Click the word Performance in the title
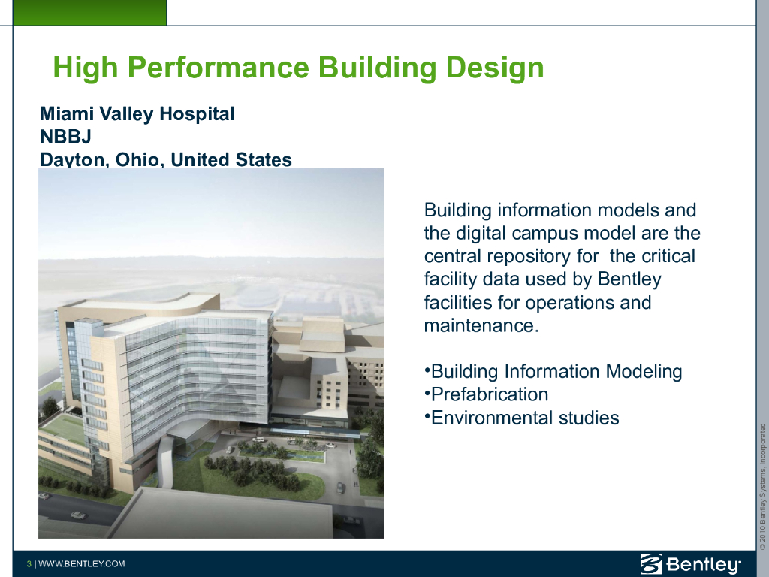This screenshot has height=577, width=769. pyautogui.click(x=219, y=67)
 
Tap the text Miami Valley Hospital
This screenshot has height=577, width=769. pyautogui.click(x=137, y=114)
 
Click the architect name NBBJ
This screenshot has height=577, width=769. pyautogui.click(x=66, y=137)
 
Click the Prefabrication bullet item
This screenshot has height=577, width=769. pyautogui.click(x=487, y=394)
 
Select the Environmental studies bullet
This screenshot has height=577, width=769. pyautogui.click(x=522, y=418)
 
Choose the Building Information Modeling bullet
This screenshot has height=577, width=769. pyautogui.click(x=553, y=372)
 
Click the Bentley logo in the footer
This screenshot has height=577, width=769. pyautogui.click(x=691, y=564)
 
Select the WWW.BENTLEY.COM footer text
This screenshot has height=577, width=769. pyautogui.click(x=81, y=563)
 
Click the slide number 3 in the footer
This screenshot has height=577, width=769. pyautogui.click(x=29, y=563)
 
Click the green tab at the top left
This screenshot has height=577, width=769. pyautogui.click(x=90, y=12)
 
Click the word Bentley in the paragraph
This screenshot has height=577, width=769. pyautogui.click(x=630, y=279)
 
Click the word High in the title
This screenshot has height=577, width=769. pyautogui.click(x=86, y=68)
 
